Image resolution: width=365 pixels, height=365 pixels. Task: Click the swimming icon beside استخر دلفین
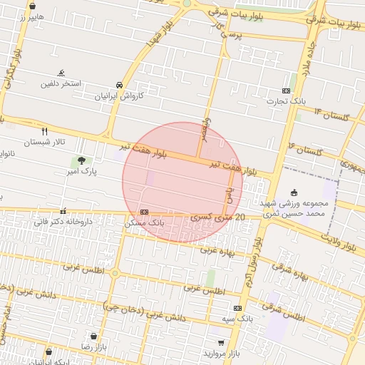[x=61, y=73]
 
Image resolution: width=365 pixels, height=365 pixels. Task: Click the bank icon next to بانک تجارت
[x=286, y=91]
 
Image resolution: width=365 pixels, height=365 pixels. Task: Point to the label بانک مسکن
[x=144, y=222]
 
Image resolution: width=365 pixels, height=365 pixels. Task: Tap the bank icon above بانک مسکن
[x=144, y=212]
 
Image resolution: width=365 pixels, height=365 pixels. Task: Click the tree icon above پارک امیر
[x=81, y=160]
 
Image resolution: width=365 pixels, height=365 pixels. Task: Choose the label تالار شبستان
[x=44, y=142]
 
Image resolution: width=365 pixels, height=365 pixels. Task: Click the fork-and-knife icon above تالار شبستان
[x=44, y=131]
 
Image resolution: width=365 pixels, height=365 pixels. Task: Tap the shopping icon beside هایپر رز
[x=32, y=6]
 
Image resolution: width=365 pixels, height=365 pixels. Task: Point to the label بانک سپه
[x=237, y=318]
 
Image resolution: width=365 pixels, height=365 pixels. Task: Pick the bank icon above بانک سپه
[x=237, y=308]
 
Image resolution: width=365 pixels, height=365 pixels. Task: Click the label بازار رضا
[x=93, y=346]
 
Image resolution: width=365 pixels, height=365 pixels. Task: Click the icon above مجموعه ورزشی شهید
[x=294, y=192]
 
